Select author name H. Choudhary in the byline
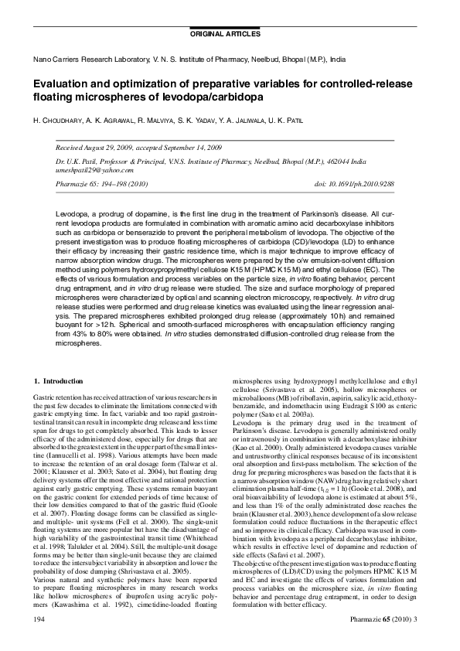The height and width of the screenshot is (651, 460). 60,120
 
